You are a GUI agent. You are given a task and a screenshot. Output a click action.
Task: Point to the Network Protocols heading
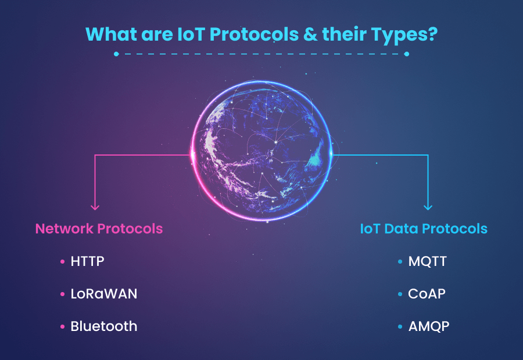[x=99, y=228]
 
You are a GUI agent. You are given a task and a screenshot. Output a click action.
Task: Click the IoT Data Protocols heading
[x=424, y=228]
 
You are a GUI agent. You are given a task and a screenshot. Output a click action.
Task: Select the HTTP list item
[x=87, y=261]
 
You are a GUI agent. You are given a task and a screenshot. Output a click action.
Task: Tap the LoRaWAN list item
[x=104, y=294]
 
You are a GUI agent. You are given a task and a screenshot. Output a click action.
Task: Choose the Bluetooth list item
[x=104, y=326]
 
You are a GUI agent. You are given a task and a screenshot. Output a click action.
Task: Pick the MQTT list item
[x=428, y=261]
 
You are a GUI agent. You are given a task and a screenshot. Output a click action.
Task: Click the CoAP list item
[x=427, y=294]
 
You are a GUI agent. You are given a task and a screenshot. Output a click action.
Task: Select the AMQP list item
[x=428, y=326]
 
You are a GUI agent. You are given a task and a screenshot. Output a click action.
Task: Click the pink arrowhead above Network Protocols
[x=95, y=206]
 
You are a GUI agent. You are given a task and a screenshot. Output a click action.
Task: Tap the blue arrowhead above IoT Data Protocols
[x=428, y=206]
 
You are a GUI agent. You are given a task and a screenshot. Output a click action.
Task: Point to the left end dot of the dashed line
[x=116, y=54]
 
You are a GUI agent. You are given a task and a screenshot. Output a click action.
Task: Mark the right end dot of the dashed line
[x=406, y=54]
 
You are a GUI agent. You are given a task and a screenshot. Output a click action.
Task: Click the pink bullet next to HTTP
[x=63, y=262]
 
